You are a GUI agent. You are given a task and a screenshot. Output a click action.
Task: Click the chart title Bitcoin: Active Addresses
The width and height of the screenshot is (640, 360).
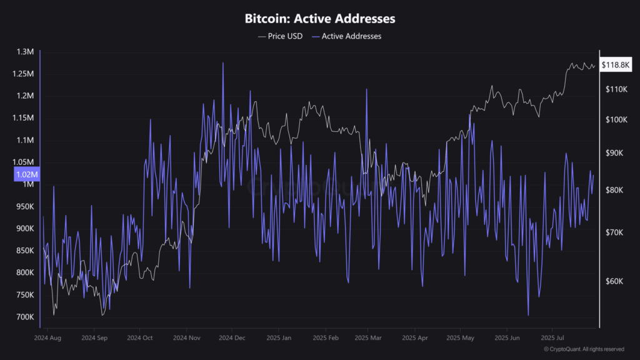tap(319, 19)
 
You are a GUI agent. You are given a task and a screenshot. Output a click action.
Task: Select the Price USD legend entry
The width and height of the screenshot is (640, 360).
tap(281, 36)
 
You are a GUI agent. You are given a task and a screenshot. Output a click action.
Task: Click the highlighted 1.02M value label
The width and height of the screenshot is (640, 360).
tap(27, 175)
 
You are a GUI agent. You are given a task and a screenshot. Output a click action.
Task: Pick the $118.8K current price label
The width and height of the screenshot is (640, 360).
tap(616, 64)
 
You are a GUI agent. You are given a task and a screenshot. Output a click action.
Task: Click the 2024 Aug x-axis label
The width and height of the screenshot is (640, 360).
tap(48, 337)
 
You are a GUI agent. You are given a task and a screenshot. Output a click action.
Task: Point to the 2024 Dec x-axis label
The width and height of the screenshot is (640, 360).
tap(231, 337)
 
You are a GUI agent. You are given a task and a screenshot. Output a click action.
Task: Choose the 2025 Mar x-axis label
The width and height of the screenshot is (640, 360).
tap(368, 337)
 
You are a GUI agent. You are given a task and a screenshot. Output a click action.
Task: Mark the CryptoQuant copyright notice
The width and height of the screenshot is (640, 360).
tap(583, 349)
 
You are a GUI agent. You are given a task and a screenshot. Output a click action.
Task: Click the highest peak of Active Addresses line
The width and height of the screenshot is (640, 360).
tap(222, 62)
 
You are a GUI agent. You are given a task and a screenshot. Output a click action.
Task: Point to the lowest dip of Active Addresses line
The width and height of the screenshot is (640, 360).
tap(529, 316)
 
